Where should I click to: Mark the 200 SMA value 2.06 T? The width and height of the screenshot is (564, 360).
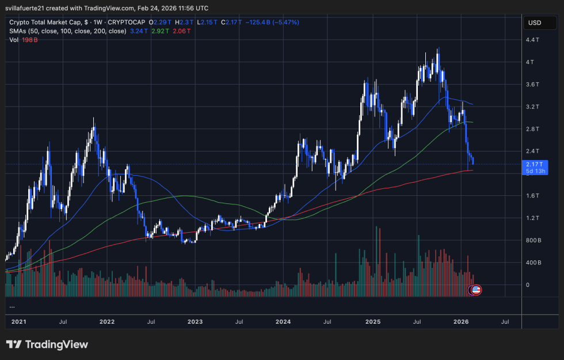[181, 31]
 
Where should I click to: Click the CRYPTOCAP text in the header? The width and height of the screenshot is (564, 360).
[128, 22]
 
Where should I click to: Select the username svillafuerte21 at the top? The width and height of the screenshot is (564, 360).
[32, 8]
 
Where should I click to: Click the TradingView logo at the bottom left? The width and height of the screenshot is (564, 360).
[47, 344]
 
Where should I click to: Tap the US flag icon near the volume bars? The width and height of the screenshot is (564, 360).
[476, 289]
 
